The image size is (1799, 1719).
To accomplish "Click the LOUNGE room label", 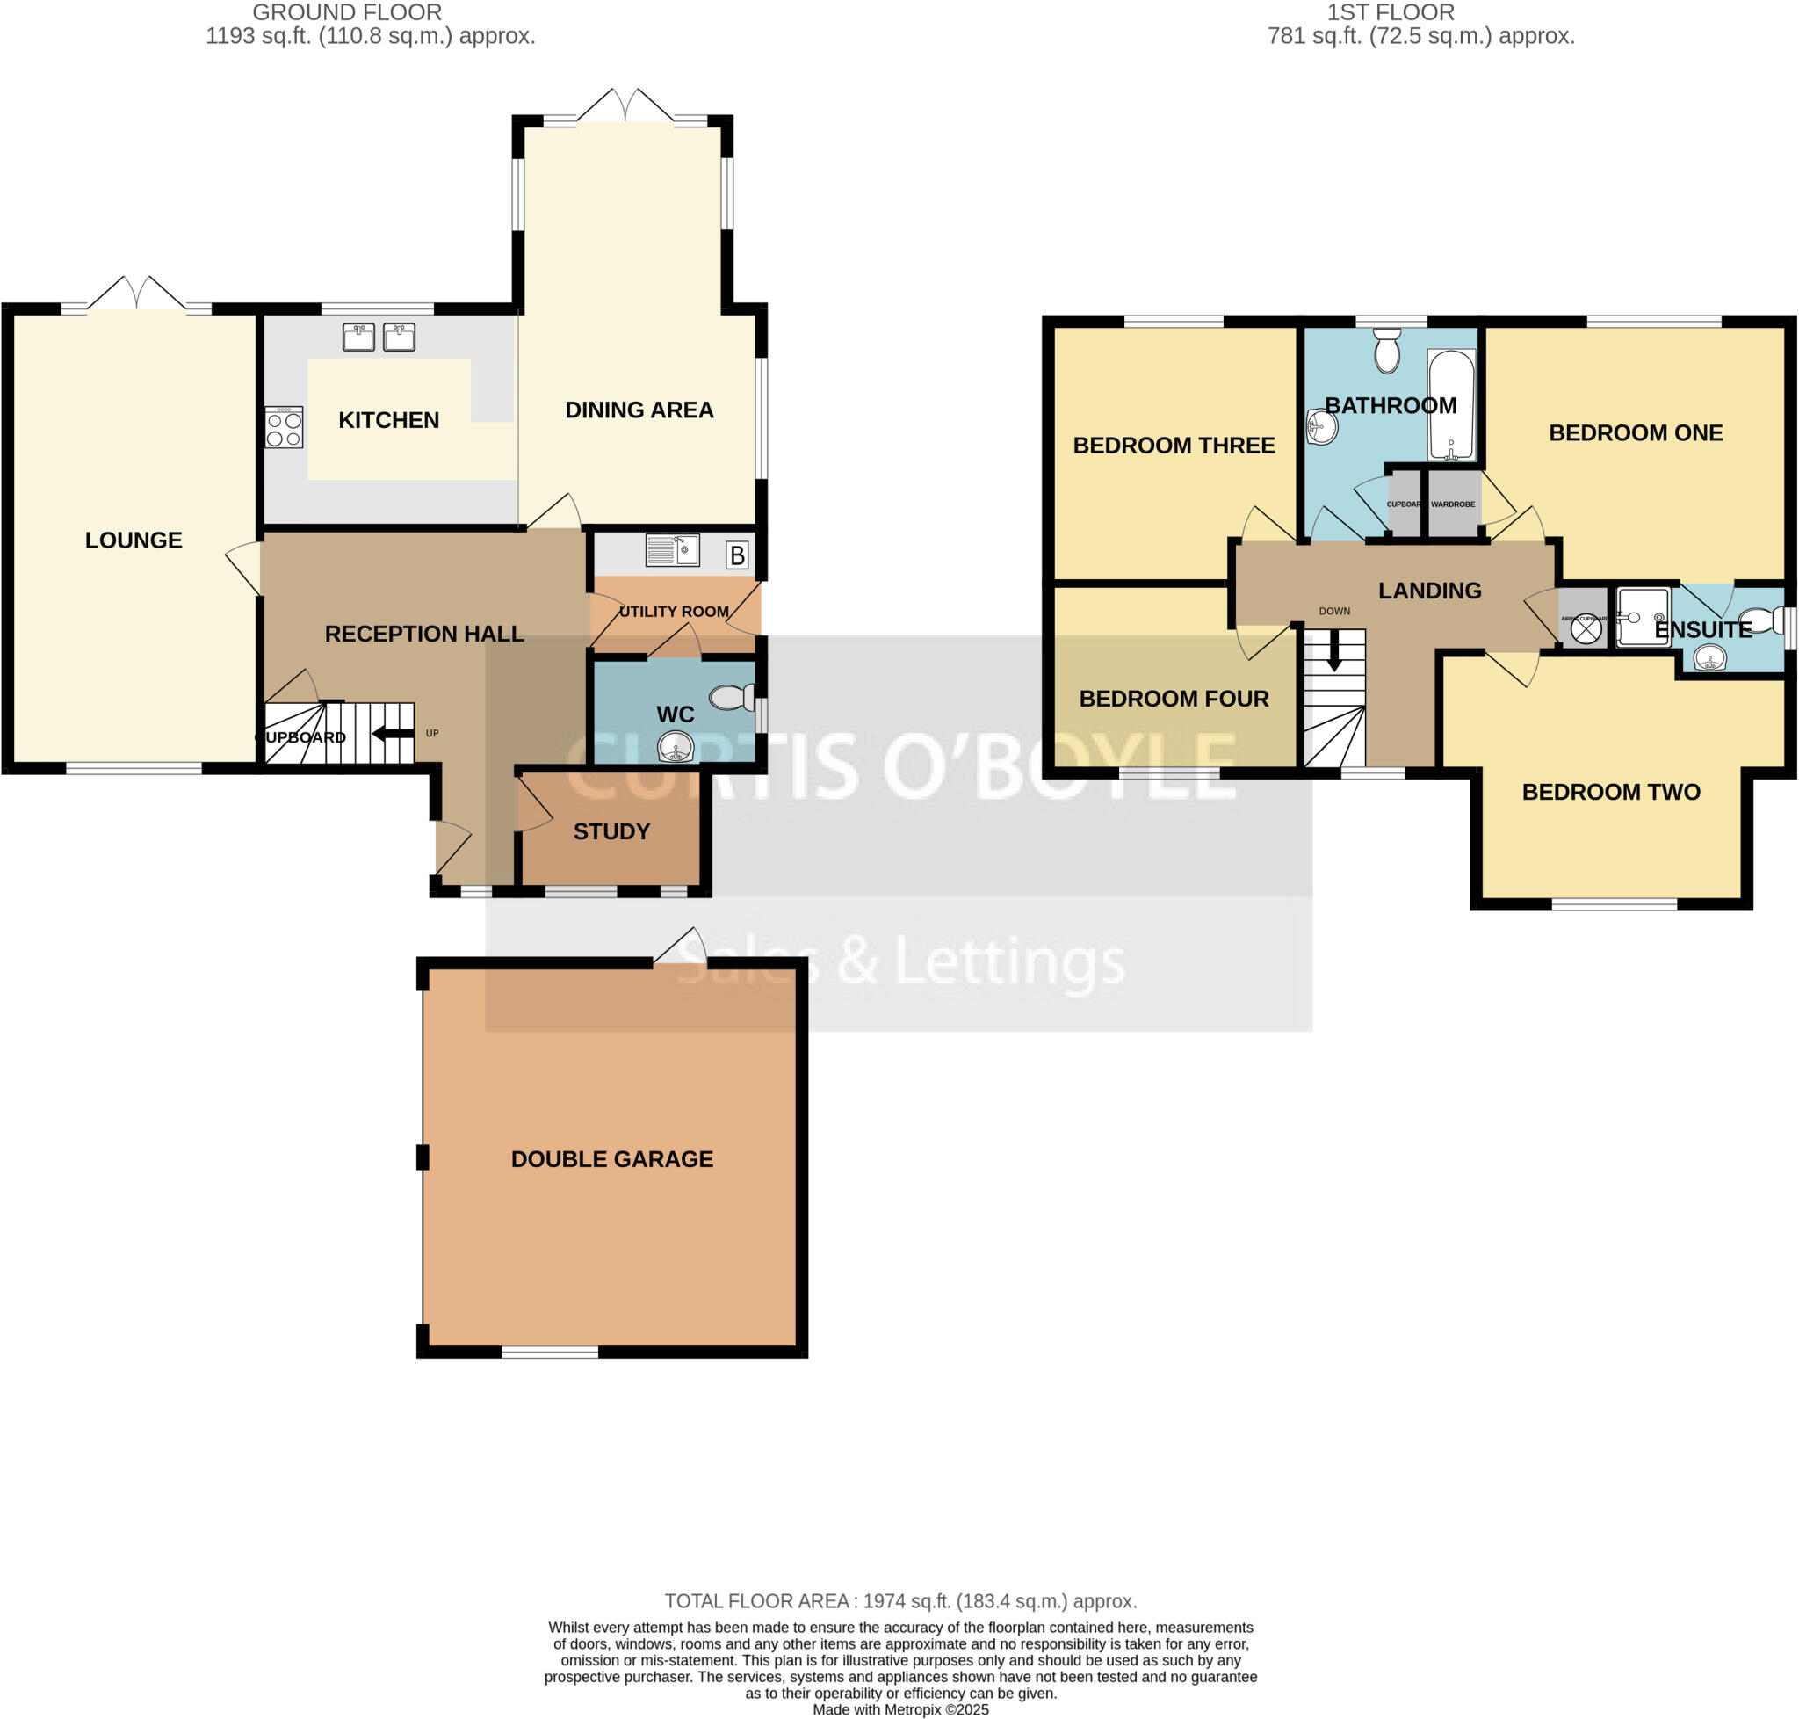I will pos(134,540).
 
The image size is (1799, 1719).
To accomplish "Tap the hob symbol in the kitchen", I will pos(284,428).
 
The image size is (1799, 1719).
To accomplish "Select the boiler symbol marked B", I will pos(736,555).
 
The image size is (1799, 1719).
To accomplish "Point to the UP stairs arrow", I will pos(393,733).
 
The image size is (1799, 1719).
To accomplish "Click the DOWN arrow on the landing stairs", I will pos(1333,653).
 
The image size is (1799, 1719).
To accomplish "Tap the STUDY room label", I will pos(611,831).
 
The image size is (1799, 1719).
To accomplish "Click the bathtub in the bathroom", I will pos(1451,404).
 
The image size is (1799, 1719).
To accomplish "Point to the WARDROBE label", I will pos(1453,504).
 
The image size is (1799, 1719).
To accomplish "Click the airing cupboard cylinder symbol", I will pos(1586,630).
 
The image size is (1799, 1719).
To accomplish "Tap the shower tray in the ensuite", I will pos(1643,617).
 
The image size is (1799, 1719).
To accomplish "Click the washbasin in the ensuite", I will pos(1709,658).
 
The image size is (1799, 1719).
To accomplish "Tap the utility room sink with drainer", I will pos(672,550).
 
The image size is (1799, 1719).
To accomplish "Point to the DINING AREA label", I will pos(639,410).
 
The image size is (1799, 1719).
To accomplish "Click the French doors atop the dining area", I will pos(625,105).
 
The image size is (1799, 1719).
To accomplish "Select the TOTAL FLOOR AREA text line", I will pos(899,1600).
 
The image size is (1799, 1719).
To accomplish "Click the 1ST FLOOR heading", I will pos(1390,13).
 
